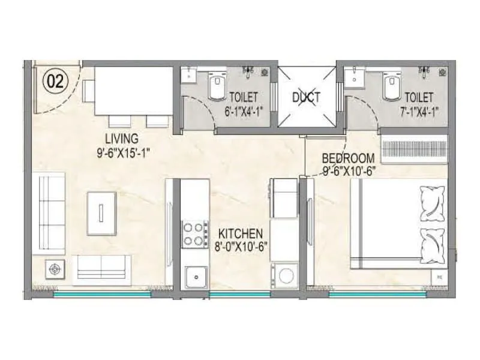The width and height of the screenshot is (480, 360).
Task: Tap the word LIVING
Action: coord(122,139)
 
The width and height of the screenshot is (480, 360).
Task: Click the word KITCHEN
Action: coord(240,233)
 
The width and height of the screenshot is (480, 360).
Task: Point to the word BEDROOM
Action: coord(348,158)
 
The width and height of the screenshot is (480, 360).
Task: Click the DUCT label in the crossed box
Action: coord(307,97)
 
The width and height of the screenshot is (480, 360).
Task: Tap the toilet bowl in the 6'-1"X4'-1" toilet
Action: coord(215,87)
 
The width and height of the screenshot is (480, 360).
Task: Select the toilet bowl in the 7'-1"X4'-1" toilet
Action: coord(391,87)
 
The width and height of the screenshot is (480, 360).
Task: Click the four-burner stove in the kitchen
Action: coord(194,234)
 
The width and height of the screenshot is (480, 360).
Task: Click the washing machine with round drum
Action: coord(284,277)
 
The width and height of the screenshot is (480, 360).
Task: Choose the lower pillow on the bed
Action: coord(433,242)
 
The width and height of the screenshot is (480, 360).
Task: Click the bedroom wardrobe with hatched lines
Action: coord(415,149)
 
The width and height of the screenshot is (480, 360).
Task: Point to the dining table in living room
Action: coord(125,90)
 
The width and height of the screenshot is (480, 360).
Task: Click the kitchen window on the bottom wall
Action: coord(240,294)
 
